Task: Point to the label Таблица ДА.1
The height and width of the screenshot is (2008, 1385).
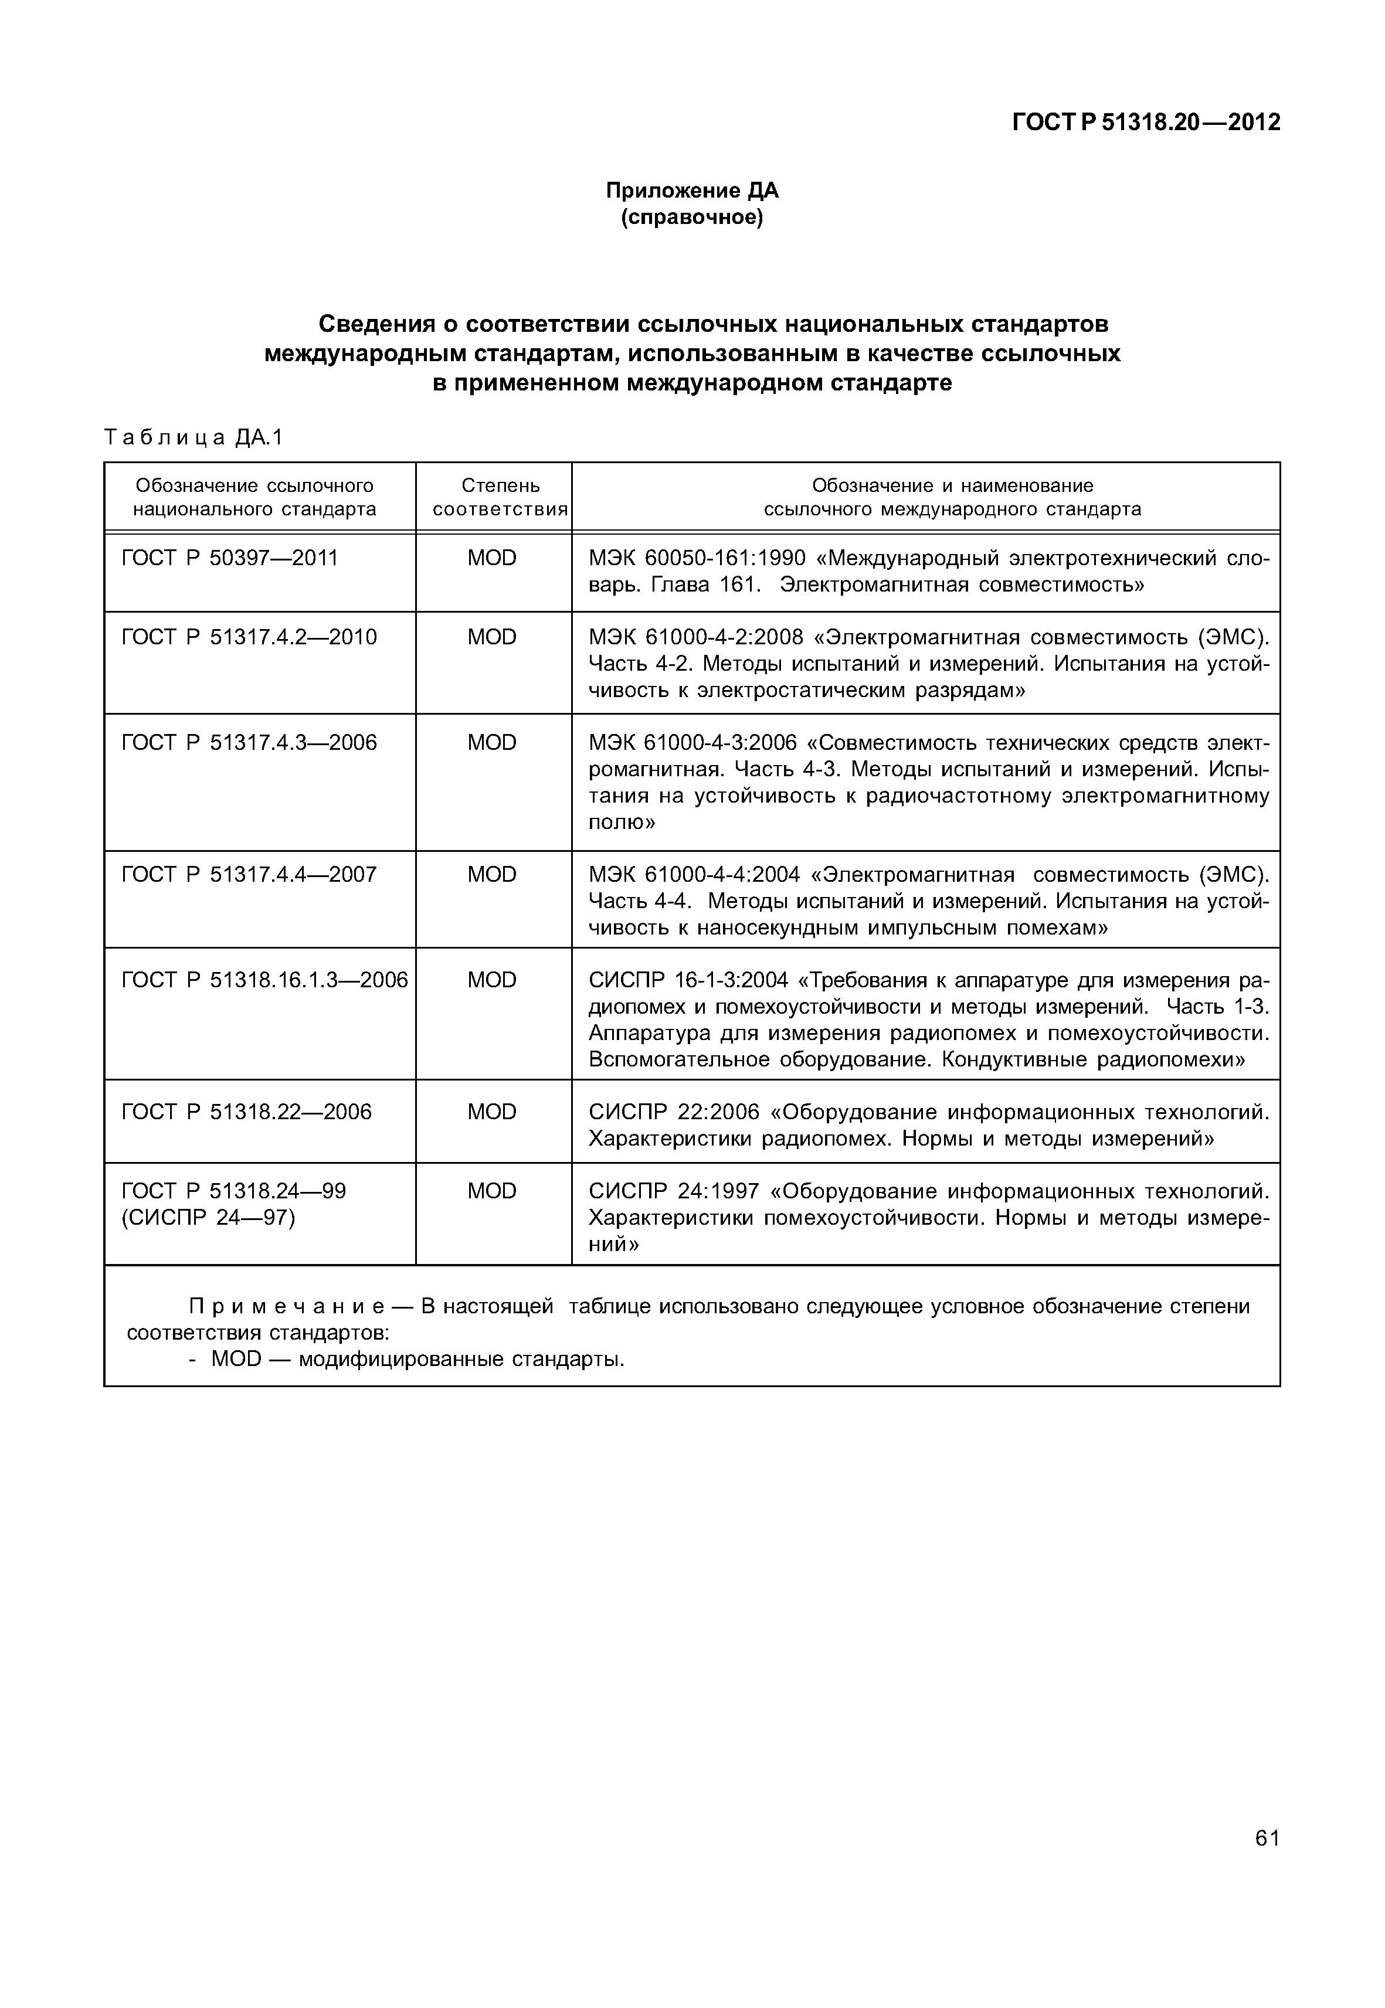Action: [x=194, y=437]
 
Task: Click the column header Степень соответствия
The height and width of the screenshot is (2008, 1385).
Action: [x=500, y=497]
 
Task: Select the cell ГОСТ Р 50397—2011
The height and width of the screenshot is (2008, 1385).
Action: [x=230, y=558]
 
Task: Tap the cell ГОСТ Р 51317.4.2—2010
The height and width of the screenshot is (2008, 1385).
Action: [x=249, y=638]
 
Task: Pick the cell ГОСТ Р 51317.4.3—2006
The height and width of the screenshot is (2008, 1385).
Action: [x=249, y=743]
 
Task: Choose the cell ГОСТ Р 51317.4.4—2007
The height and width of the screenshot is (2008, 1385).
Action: [x=249, y=875]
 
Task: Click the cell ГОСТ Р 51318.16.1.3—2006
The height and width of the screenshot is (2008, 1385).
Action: [x=264, y=981]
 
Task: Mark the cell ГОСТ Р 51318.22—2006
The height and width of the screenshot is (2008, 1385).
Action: [x=246, y=1113]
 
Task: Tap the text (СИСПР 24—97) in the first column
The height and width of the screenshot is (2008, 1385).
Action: [x=208, y=1218]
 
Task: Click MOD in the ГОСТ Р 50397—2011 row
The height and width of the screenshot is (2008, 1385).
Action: [x=492, y=558]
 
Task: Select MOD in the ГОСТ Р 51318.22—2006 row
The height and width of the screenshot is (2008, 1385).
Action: [x=492, y=1113]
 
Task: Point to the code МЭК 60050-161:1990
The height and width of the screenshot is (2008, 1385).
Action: [x=697, y=558]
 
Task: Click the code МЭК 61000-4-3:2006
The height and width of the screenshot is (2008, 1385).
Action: [x=692, y=743]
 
